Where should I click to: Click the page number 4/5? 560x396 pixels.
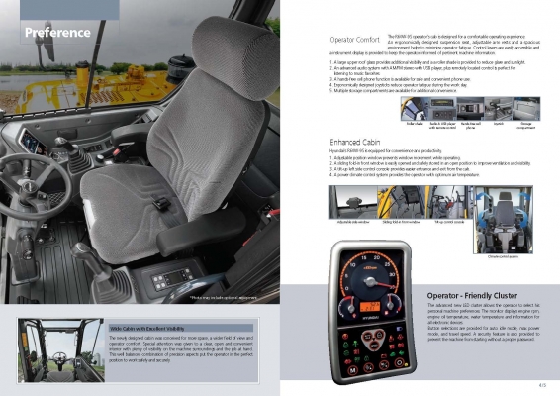(x=541, y=384)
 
